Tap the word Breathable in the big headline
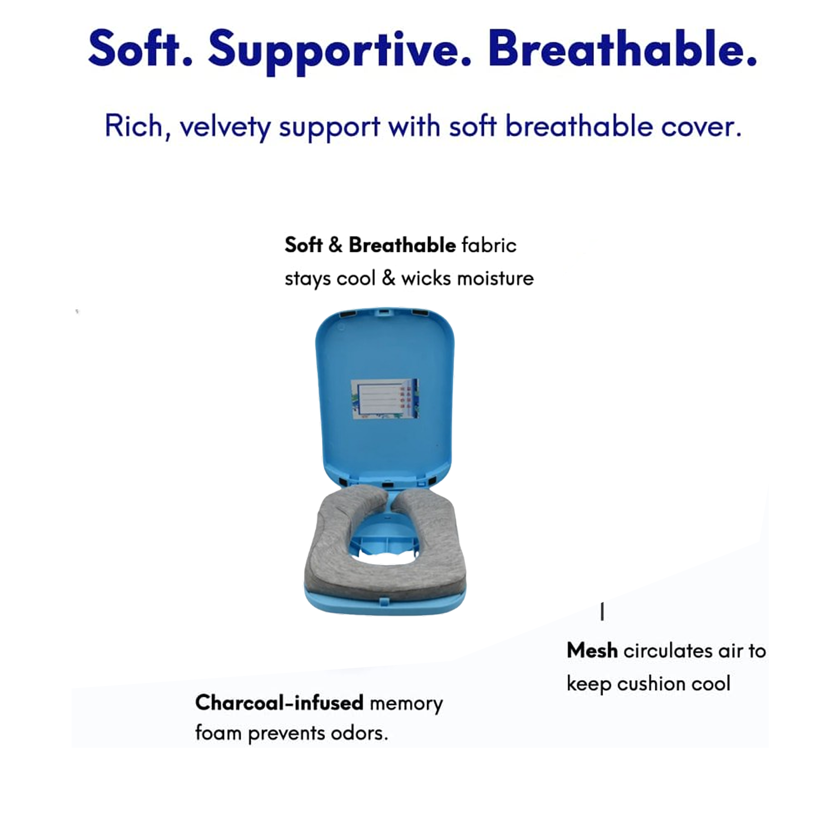[x=622, y=48]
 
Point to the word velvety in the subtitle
[x=225, y=127]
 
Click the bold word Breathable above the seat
[x=402, y=245]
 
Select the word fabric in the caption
[x=489, y=245]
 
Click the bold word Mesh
[x=592, y=651]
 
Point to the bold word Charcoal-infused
[x=279, y=702]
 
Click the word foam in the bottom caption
[x=219, y=733]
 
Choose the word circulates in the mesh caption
[x=668, y=651]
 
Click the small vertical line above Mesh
[x=602, y=612]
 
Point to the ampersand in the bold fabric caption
[x=335, y=245]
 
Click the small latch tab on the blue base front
[x=385, y=600]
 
